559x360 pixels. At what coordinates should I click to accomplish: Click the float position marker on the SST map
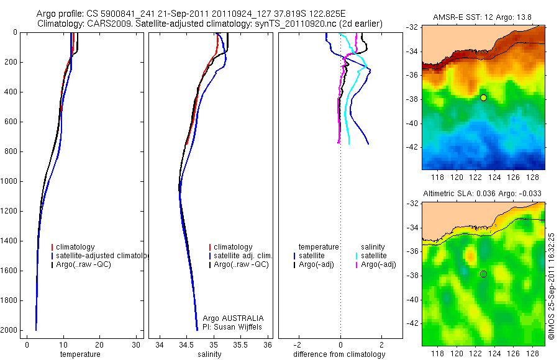(x=483, y=97)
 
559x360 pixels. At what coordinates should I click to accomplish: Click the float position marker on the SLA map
(x=483, y=274)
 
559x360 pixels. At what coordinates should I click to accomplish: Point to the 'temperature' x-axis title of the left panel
(x=80, y=354)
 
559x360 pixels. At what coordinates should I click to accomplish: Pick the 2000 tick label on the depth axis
(x=11, y=331)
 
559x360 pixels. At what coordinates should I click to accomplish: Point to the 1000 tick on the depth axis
(x=11, y=182)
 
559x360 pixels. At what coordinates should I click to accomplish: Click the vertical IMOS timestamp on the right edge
(x=552, y=286)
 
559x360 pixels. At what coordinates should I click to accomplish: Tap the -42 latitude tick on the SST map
(x=412, y=147)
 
